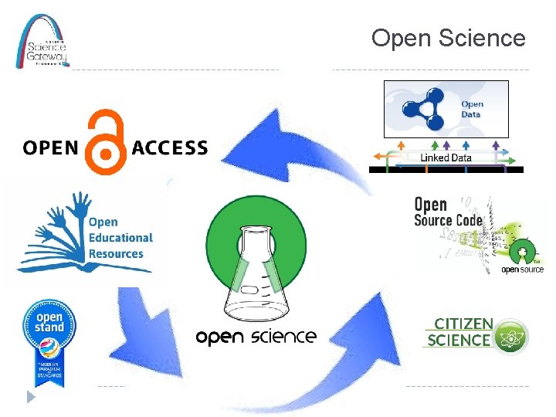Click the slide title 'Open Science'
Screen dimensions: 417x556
click(x=448, y=38)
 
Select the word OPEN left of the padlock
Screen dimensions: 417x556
click(x=52, y=148)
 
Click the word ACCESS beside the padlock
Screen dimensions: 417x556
click(x=170, y=148)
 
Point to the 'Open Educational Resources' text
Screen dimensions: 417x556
click(x=120, y=238)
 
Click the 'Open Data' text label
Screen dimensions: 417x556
click(x=471, y=109)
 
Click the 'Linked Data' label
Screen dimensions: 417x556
click(x=446, y=158)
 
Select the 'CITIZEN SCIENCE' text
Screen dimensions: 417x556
click(x=459, y=332)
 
